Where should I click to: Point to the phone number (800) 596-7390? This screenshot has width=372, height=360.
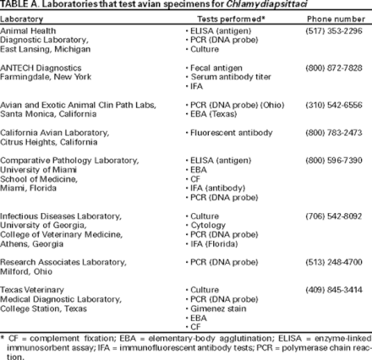[338, 160]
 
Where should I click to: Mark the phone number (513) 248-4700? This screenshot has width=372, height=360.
[338, 262]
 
